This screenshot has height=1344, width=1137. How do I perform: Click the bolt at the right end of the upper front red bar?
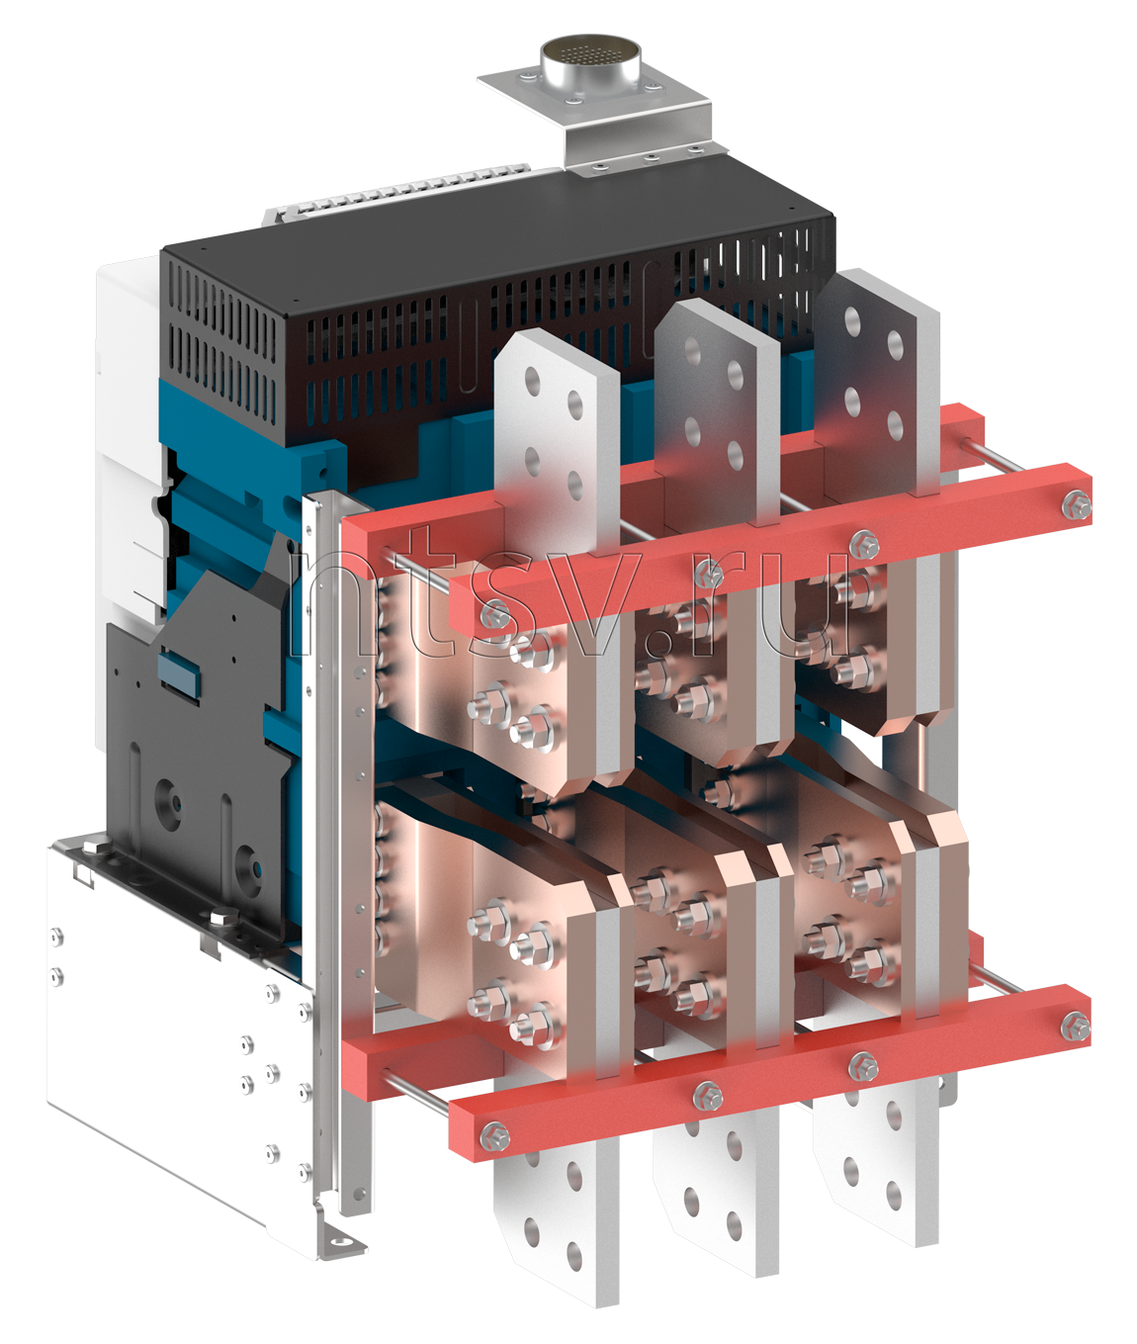point(1077,505)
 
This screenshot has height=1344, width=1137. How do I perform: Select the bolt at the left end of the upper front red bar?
point(495,614)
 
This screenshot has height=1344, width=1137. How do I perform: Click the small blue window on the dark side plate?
point(179,672)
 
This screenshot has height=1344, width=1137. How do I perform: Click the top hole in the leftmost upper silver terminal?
point(533,381)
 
